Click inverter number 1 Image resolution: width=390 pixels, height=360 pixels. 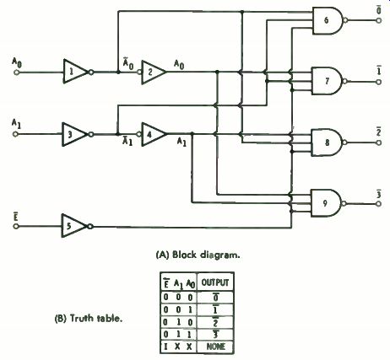[x=76, y=72]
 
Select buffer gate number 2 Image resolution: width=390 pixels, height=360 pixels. [x=152, y=73]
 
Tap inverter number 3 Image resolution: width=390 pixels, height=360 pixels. [x=75, y=134]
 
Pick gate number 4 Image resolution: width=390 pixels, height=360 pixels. [x=152, y=134]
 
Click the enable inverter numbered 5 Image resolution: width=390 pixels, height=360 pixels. [x=75, y=226]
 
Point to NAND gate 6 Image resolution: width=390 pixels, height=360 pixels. [x=328, y=21]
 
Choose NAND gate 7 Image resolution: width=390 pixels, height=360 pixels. [x=328, y=81]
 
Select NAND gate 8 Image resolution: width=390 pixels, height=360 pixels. [x=328, y=142]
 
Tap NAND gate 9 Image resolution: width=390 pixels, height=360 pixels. [x=327, y=203]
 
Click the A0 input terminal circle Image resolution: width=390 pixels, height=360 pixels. [x=16, y=73]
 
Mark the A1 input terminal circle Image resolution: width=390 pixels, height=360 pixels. [x=15, y=134]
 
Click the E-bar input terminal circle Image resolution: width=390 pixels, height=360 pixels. [x=16, y=226]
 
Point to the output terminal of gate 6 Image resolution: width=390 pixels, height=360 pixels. [x=379, y=20]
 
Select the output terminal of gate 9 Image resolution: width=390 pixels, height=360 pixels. [x=378, y=204]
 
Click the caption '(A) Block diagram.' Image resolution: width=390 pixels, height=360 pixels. [x=198, y=255]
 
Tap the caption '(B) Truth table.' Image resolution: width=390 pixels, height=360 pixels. [x=89, y=319]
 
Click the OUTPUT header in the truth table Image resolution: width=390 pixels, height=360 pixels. [x=215, y=282]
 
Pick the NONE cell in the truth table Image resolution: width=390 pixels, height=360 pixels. [x=216, y=347]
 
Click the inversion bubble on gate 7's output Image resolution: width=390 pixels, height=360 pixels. [x=345, y=81]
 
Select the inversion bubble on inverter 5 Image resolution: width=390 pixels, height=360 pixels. [x=90, y=226]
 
